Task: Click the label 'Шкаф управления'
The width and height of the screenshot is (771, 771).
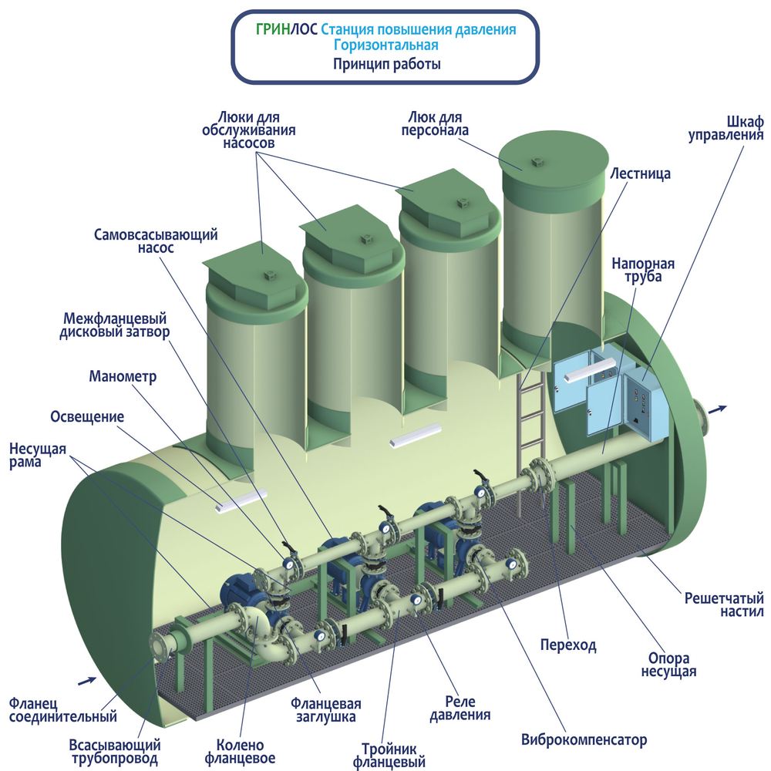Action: (726, 129)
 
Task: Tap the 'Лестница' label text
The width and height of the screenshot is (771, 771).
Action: (640, 174)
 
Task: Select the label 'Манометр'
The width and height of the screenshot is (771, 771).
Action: (123, 377)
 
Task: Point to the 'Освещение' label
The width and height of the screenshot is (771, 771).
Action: (87, 417)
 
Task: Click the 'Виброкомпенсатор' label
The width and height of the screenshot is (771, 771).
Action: (584, 739)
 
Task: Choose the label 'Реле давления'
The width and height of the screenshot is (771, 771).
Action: (460, 708)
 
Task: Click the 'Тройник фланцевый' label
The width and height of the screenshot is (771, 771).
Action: (389, 756)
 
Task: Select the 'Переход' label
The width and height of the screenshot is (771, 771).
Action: (568, 645)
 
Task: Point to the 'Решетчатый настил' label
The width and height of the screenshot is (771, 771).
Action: (724, 604)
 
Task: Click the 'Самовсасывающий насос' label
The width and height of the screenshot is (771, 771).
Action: (156, 241)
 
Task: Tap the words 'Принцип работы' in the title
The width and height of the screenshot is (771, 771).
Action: (386, 65)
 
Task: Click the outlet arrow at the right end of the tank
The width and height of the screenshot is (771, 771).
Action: (719, 409)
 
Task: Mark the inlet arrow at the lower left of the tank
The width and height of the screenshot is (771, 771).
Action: (88, 681)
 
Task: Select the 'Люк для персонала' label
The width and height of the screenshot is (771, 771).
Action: (435, 124)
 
